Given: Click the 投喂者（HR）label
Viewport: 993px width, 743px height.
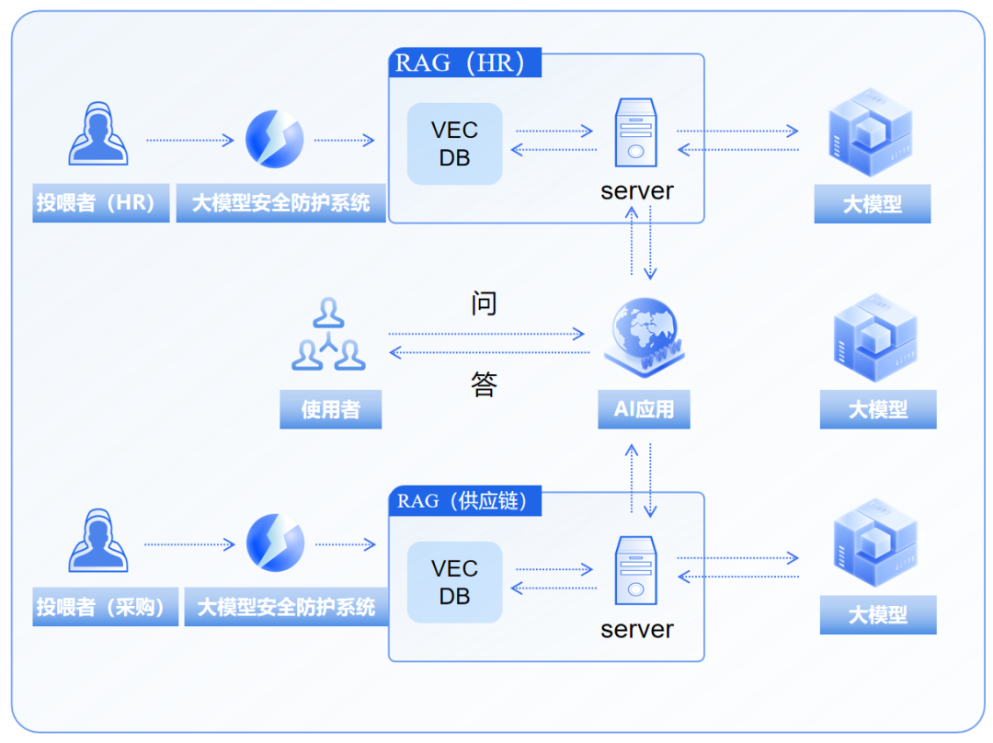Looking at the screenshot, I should pyautogui.click(x=101, y=203).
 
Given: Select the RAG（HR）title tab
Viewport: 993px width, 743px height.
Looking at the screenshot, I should pyautogui.click(x=464, y=63).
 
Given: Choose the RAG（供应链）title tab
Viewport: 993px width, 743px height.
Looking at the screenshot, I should pyautogui.click(x=464, y=502).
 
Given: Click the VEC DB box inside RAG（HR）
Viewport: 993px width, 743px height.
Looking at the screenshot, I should pyautogui.click(x=455, y=144).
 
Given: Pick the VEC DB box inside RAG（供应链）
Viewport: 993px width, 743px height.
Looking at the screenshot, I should pyautogui.click(x=455, y=583).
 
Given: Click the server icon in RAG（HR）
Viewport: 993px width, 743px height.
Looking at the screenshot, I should pyautogui.click(x=635, y=132).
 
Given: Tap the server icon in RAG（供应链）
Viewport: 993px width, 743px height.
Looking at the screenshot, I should pyautogui.click(x=635, y=571).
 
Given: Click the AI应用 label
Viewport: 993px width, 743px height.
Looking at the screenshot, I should pyautogui.click(x=645, y=409).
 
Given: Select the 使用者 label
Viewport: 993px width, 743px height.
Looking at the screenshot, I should pyautogui.click(x=330, y=409).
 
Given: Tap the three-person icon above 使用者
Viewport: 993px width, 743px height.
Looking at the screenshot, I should pyautogui.click(x=328, y=336).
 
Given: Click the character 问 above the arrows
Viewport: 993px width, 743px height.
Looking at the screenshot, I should pyautogui.click(x=485, y=303).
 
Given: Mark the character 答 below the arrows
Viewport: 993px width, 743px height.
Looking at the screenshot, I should pyautogui.click(x=485, y=384).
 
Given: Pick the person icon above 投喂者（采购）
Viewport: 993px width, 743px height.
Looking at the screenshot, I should pyautogui.click(x=98, y=541).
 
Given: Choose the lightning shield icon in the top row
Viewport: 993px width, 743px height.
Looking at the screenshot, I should pyautogui.click(x=274, y=139).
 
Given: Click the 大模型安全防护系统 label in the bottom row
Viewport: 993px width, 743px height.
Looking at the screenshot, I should pyautogui.click(x=286, y=608).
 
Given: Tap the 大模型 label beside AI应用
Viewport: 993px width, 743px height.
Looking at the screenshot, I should pyautogui.click(x=878, y=409).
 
